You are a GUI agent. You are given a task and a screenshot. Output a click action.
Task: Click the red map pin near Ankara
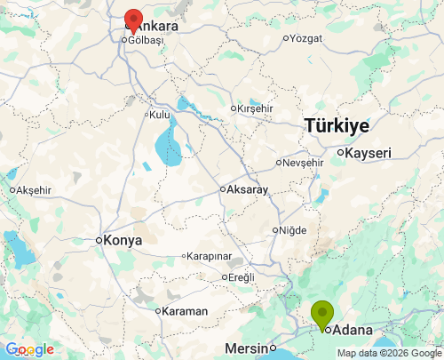point(133,20)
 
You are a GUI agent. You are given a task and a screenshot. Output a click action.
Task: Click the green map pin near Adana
point(321,315)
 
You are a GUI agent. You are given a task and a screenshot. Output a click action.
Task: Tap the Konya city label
point(124,240)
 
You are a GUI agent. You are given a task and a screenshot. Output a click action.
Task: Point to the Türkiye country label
point(337,126)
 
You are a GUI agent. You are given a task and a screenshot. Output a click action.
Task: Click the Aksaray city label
point(248,189)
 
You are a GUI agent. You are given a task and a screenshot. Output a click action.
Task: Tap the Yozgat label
point(306,38)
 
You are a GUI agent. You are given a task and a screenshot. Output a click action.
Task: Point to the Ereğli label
point(241,277)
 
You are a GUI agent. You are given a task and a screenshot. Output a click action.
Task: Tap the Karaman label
point(184,311)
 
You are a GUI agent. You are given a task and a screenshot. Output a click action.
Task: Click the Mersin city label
point(246,348)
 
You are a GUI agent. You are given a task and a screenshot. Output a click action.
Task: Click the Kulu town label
point(159,115)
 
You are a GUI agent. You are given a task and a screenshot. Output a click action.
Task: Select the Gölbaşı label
point(147,40)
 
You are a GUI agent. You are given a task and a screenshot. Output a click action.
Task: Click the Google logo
point(29,349)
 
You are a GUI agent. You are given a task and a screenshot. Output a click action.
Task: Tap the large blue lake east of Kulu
point(166,143)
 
